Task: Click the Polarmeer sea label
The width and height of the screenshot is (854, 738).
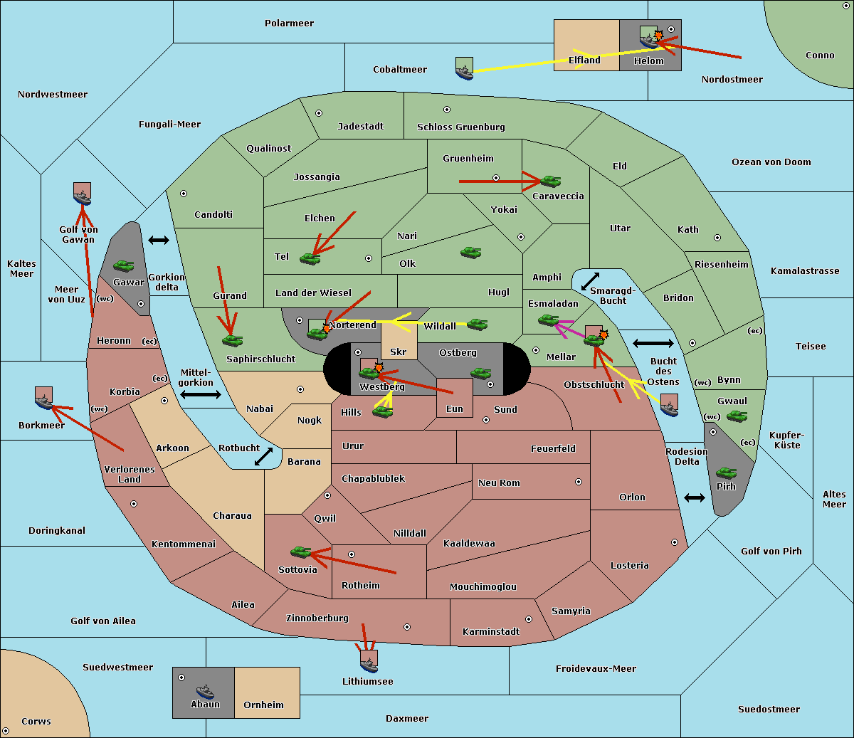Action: (x=289, y=23)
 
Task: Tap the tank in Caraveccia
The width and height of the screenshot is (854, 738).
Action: (x=551, y=181)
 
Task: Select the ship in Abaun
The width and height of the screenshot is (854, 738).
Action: (x=205, y=692)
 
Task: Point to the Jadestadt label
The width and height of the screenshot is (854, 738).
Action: (x=360, y=127)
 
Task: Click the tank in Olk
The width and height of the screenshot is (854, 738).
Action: (x=470, y=252)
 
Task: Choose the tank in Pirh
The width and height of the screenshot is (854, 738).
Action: (x=726, y=473)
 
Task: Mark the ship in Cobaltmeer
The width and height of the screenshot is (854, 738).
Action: (x=464, y=70)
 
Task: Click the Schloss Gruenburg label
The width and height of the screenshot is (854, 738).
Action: (x=460, y=127)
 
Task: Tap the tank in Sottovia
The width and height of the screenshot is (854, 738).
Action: (x=301, y=552)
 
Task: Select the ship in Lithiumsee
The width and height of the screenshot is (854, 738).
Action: (x=369, y=663)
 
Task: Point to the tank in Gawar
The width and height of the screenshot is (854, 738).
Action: (x=124, y=265)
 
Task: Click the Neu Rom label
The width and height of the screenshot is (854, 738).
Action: (x=499, y=483)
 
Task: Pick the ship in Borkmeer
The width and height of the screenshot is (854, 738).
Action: (x=44, y=399)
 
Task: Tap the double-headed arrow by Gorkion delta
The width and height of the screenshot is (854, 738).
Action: (x=159, y=241)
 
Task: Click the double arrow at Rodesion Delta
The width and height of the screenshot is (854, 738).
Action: (x=695, y=497)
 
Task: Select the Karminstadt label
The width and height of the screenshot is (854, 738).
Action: (x=491, y=632)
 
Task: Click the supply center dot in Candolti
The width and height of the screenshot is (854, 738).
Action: (x=184, y=194)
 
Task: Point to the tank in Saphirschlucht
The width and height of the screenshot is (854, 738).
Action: (x=232, y=340)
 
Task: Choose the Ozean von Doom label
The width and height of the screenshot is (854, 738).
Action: (x=771, y=162)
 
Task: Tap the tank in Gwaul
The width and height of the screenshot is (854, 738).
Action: (x=737, y=416)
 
